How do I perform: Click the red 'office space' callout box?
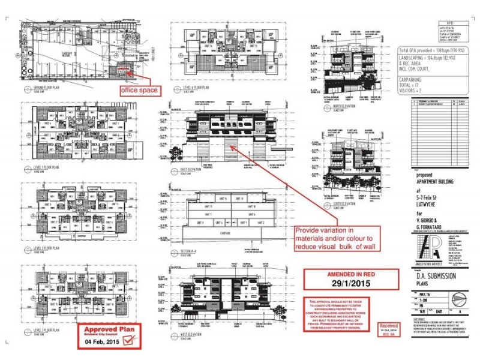tap(140, 90)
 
